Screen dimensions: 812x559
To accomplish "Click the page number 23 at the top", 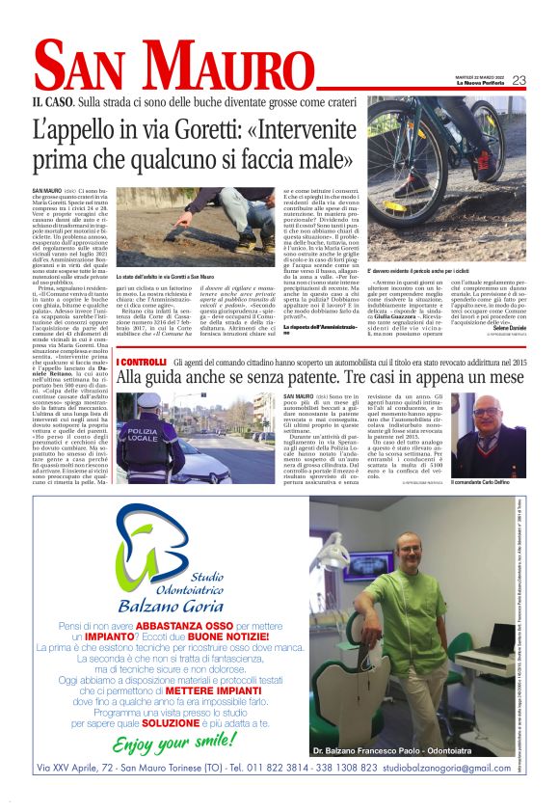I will [519, 80].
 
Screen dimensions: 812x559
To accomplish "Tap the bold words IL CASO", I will [51, 100].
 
